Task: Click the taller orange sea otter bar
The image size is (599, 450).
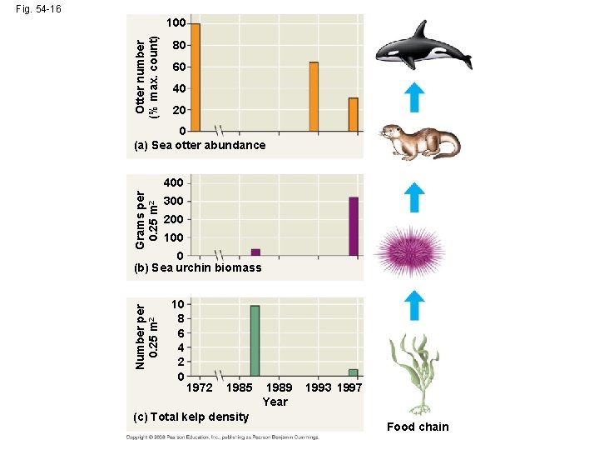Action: point(314,97)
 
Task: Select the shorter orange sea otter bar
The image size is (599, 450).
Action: point(353,115)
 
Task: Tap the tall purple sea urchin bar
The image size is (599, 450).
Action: point(353,226)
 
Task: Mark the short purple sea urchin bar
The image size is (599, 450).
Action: point(255,252)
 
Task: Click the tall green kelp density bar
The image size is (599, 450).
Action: point(255,341)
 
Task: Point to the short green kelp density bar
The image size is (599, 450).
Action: point(353,372)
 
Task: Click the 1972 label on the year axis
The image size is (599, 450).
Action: point(199,387)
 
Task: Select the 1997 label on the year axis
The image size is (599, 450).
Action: point(349,387)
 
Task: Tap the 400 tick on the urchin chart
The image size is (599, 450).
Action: point(174,183)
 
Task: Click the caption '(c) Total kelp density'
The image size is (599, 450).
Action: point(191,416)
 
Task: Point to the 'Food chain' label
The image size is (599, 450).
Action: point(418,427)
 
